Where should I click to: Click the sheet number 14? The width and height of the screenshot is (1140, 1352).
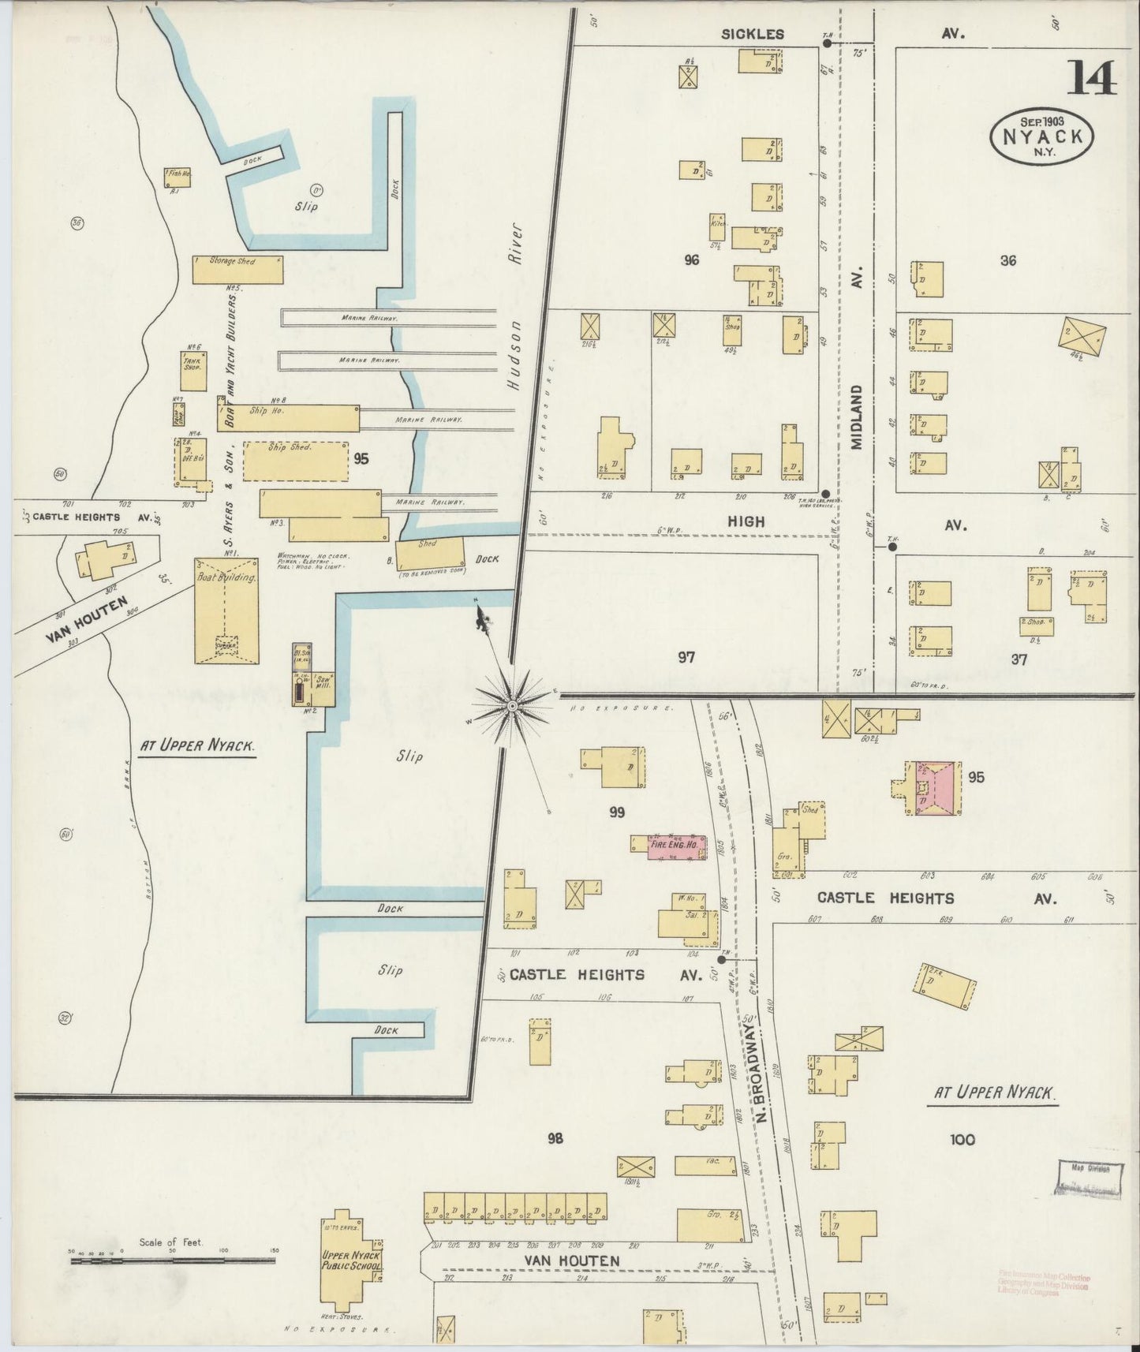tap(1093, 77)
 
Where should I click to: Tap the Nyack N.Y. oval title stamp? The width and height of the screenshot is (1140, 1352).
tap(1041, 136)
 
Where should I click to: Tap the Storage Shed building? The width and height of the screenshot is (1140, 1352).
tap(237, 269)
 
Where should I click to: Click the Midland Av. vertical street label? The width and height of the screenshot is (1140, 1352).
tap(858, 416)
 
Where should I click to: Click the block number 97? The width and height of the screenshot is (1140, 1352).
tap(686, 656)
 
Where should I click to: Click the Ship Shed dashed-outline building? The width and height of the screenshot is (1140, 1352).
tap(295, 461)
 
